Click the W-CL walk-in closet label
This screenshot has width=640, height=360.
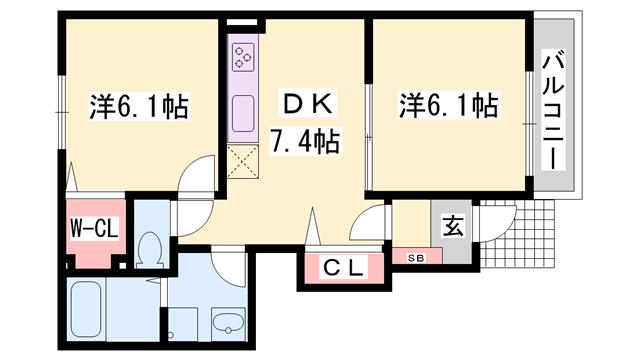pyautogui.click(x=94, y=228)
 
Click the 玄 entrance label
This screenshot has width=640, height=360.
pyautogui.click(x=452, y=226)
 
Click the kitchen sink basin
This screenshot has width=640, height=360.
pyautogui.click(x=243, y=116)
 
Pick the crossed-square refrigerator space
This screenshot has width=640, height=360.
pyautogui.click(x=243, y=161)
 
